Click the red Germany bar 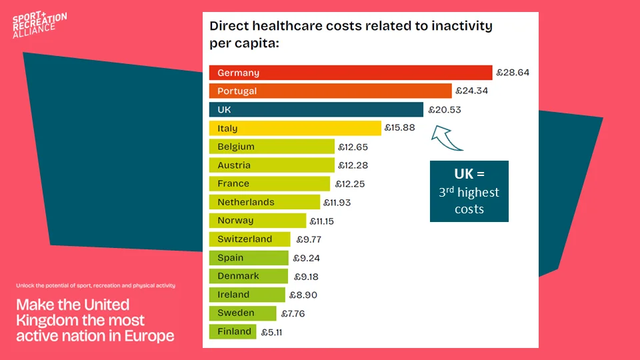click(x=350, y=73)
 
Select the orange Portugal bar click(x=330, y=91)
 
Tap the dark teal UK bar click(x=316, y=110)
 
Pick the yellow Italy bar click(x=295, y=129)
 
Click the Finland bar click(x=233, y=331)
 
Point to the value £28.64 click(x=513, y=73)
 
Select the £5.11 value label click(x=271, y=331)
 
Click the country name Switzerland click(x=245, y=239)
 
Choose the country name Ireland click(x=233, y=294)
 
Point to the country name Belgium click(x=236, y=147)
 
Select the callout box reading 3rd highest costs click(x=469, y=191)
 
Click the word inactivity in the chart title click(x=450, y=27)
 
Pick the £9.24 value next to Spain click(x=305, y=257)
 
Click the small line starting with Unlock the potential click(x=95, y=285)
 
